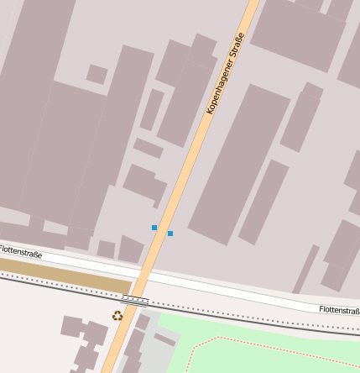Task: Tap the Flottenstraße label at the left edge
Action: [18, 250]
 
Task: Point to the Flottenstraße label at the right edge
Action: [340, 310]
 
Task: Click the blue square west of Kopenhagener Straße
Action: [154, 228]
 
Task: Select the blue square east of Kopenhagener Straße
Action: [170, 233]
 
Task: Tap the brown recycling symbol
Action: [117, 316]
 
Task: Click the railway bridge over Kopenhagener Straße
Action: [135, 298]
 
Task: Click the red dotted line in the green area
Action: [277, 344]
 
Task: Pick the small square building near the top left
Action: [97, 74]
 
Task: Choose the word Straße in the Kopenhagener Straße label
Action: [236, 49]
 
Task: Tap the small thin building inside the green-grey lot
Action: [165, 340]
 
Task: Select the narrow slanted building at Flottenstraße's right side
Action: [305, 269]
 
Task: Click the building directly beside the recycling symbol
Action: [142, 322]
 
